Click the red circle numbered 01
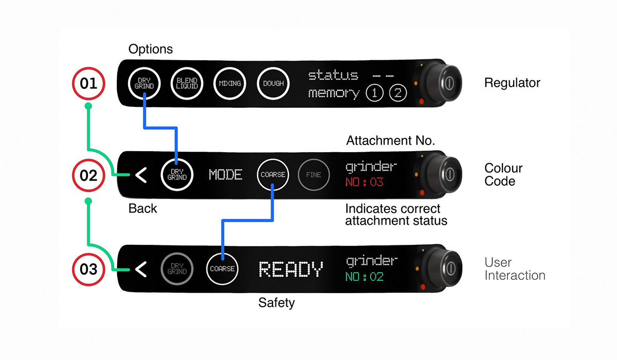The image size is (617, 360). click(x=89, y=83)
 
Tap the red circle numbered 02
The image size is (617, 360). click(x=89, y=175)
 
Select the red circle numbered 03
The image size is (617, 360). click(x=89, y=268)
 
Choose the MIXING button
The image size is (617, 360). click(x=230, y=83)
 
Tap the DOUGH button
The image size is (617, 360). click(x=273, y=83)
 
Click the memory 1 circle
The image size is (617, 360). click(x=374, y=94)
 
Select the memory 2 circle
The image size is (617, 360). click(x=397, y=94)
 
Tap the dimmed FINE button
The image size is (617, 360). click(x=313, y=175)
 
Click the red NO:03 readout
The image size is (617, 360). click(x=365, y=182)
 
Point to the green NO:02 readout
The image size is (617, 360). click(x=365, y=277)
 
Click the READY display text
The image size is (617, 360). click(x=291, y=269)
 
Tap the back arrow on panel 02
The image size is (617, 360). click(x=140, y=175)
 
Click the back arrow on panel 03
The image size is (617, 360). click(x=140, y=268)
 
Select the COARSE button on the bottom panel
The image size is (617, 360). click(x=222, y=268)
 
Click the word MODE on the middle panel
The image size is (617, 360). click(x=226, y=175)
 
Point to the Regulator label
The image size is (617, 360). click(x=512, y=83)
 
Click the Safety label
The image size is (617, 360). click(x=276, y=303)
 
